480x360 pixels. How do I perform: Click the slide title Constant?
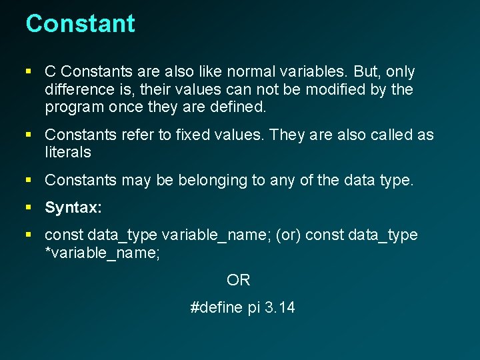click(80, 24)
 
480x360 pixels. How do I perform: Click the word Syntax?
click(73, 208)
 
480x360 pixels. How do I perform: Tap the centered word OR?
click(239, 281)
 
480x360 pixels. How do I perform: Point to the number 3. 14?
click(279, 308)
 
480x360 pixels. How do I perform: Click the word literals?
click(68, 153)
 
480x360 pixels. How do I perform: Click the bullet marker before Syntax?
click(29, 208)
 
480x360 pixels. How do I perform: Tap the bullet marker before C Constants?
click(29, 71)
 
